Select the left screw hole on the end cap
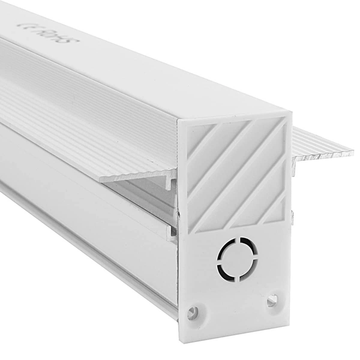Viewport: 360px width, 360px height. coord(193,311)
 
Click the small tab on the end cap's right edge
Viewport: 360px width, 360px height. coord(290,216)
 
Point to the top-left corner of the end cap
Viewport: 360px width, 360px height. coord(179,122)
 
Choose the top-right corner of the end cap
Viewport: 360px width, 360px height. coord(291,112)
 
